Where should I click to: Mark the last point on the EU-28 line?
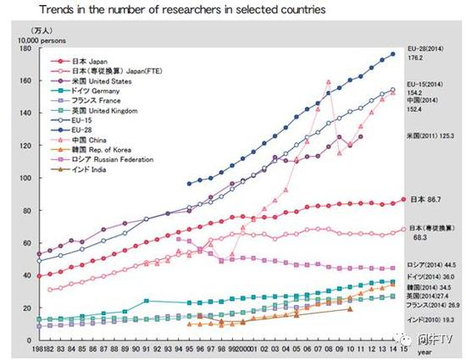point(391,55)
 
